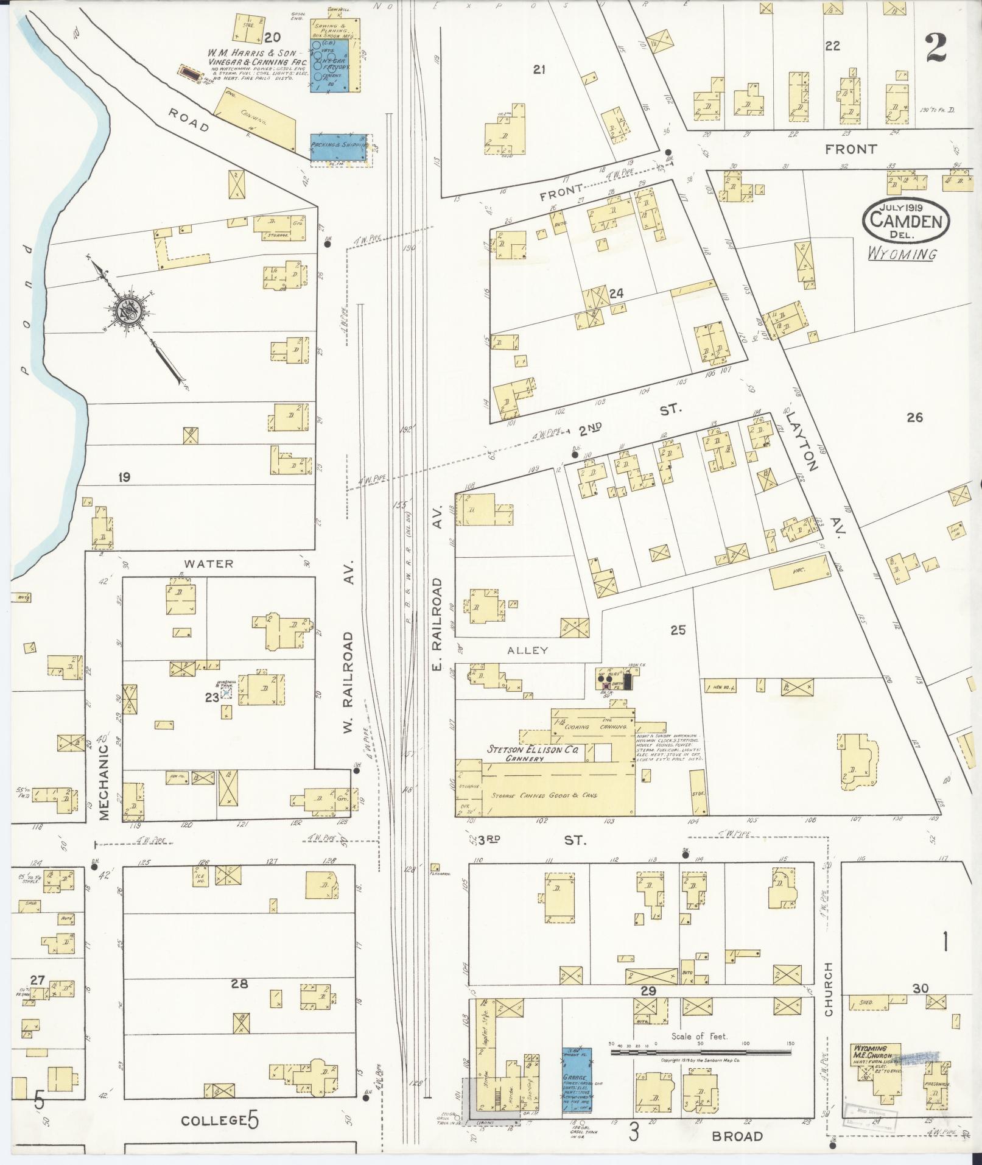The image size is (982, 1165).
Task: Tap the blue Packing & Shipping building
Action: [338, 148]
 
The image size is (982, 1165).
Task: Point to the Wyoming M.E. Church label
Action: [872, 1055]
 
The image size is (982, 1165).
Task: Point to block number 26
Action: [914, 417]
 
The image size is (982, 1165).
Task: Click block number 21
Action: [538, 70]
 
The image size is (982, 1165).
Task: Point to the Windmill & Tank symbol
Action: [226, 692]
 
